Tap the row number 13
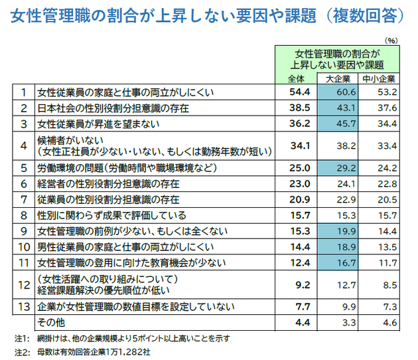tap(23, 306)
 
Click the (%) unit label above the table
tap(391, 39)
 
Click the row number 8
tap(23, 215)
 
